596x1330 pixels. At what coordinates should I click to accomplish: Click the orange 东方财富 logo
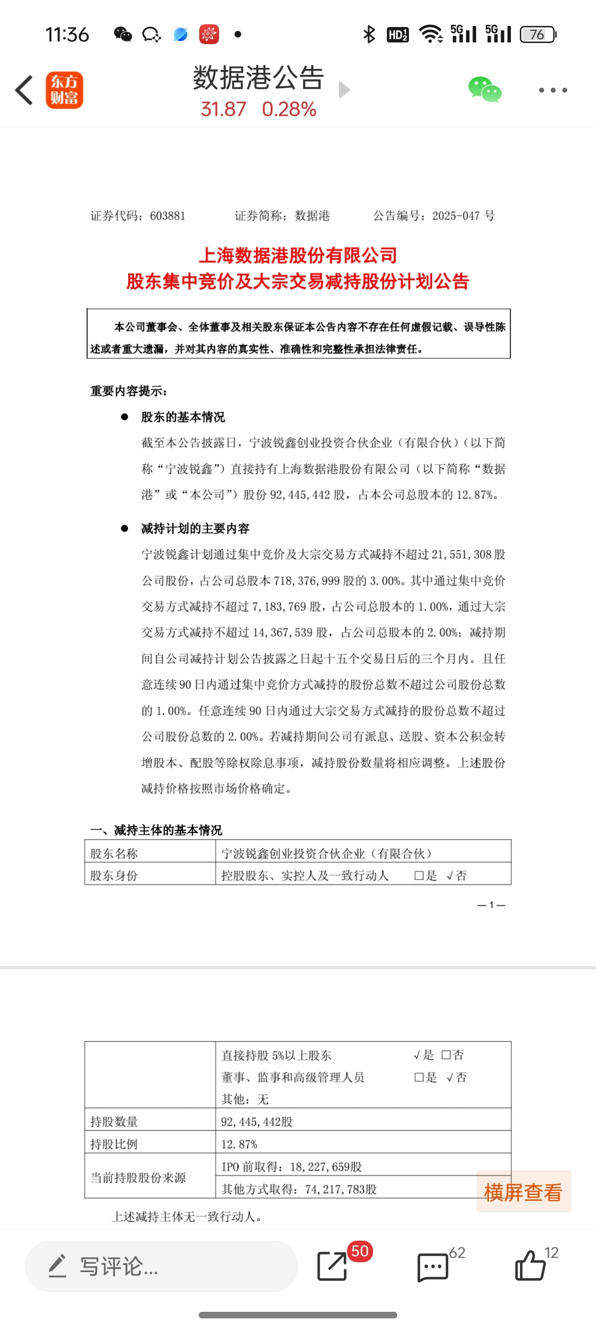(x=64, y=90)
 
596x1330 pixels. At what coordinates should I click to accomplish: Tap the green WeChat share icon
(x=485, y=90)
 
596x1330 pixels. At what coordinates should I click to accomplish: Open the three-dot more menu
(x=553, y=90)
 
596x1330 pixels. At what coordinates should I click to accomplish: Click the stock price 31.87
(x=223, y=109)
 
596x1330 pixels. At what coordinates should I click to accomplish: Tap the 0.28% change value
(x=289, y=109)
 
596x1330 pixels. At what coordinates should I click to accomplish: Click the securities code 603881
(x=167, y=216)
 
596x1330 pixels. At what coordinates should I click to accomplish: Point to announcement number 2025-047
(x=456, y=216)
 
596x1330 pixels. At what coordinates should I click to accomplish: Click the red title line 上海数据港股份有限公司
(x=298, y=255)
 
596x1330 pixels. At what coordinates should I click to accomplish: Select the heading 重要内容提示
(x=129, y=391)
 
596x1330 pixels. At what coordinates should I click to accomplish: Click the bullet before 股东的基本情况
(x=125, y=417)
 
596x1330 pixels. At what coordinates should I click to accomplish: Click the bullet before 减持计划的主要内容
(x=125, y=528)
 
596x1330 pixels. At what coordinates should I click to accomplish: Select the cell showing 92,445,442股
(x=257, y=1122)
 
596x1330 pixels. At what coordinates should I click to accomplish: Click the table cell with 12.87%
(x=240, y=1144)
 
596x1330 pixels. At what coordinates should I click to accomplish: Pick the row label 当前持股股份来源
(x=139, y=1177)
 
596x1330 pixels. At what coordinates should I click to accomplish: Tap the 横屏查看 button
(x=523, y=1192)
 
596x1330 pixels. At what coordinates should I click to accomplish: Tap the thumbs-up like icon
(x=530, y=1265)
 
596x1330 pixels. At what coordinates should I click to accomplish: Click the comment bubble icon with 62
(x=433, y=1267)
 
